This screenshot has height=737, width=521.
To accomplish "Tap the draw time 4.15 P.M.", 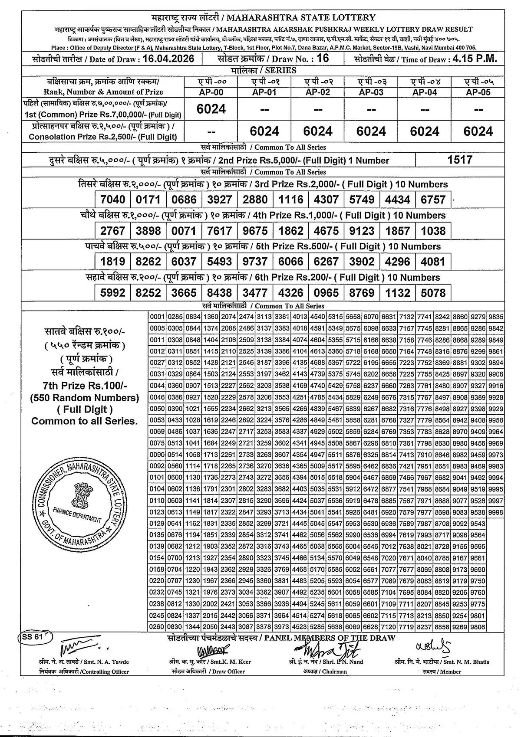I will pyautogui.click(x=472, y=59).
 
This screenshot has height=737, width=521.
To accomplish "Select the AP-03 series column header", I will pyautogui.click(x=371, y=92).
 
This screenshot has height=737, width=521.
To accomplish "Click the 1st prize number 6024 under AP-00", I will pyautogui.click(x=211, y=109).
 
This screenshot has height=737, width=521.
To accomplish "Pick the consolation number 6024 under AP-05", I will pyautogui.click(x=478, y=131).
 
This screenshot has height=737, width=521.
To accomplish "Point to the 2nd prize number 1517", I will pyautogui.click(x=460, y=160).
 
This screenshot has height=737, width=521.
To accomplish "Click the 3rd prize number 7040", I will pyautogui.click(x=112, y=200).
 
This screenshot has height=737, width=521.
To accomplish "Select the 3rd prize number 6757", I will pyautogui.click(x=433, y=200).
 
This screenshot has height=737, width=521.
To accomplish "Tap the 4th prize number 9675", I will pyautogui.click(x=255, y=231).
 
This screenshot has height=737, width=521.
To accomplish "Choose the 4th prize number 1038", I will pyautogui.click(x=433, y=231).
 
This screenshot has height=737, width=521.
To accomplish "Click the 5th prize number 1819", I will pyautogui.click(x=112, y=262).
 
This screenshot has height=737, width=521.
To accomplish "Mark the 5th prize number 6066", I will pyautogui.click(x=291, y=262).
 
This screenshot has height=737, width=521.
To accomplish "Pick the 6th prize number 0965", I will pyautogui.click(x=326, y=293).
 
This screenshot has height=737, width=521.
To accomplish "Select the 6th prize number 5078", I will pyautogui.click(x=433, y=293).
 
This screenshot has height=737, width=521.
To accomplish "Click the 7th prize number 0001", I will pyautogui.click(x=157, y=317).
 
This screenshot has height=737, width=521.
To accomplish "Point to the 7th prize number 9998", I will pyautogui.click(x=495, y=512).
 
